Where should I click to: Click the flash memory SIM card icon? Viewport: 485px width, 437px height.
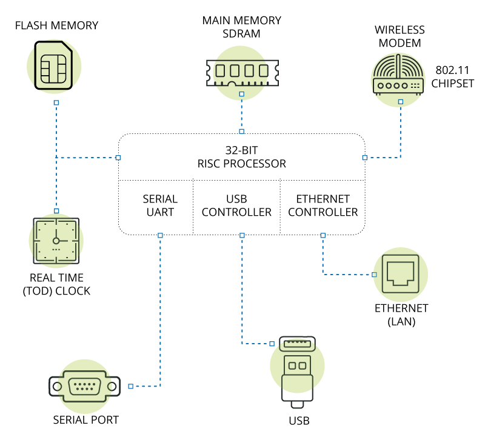click(x=53, y=65)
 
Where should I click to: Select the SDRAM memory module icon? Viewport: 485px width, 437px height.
click(x=242, y=71)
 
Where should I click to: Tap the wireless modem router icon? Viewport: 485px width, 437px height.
click(x=397, y=76)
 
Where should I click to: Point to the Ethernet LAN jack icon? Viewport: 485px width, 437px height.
click(x=401, y=275)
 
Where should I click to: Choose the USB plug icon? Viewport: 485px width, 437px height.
click(x=298, y=370)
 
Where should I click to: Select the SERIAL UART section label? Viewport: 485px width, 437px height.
click(x=160, y=205)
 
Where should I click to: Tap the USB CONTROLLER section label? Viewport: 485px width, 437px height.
click(x=236, y=205)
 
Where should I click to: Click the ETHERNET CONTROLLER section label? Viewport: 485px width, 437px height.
click(x=323, y=205)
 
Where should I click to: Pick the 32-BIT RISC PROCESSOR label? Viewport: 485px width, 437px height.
click(x=242, y=156)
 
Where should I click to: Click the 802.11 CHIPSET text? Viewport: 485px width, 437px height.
click(x=452, y=77)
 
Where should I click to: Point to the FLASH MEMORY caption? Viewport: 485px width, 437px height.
click(x=56, y=25)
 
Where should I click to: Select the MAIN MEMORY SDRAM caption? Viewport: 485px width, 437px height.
click(x=242, y=27)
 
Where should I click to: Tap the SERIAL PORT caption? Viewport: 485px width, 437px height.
click(x=85, y=420)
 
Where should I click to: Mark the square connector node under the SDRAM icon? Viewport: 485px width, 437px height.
click(x=242, y=95)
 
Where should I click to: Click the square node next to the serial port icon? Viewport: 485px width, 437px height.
click(x=130, y=386)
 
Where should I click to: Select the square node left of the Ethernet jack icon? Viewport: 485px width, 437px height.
click(x=374, y=275)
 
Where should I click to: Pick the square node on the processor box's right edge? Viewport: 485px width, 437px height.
click(x=365, y=158)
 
